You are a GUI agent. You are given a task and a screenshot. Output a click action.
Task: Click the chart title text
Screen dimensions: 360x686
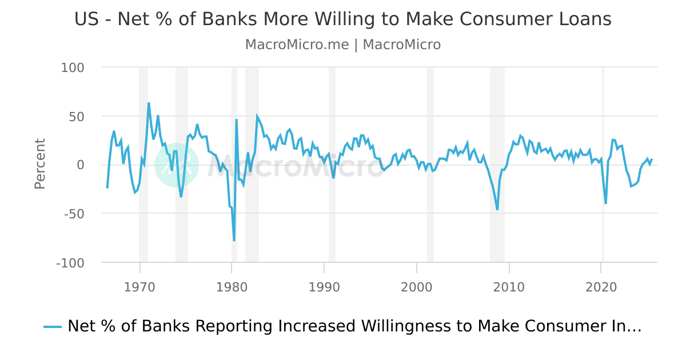(x=343, y=19)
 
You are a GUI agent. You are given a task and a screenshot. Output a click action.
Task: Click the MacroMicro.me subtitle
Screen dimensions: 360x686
(x=343, y=45)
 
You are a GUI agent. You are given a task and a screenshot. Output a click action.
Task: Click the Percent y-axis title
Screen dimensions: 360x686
(x=39, y=163)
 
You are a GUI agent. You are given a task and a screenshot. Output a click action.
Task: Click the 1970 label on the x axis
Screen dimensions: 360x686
(x=139, y=286)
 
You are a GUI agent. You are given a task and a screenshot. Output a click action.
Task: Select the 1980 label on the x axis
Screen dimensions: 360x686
(x=232, y=286)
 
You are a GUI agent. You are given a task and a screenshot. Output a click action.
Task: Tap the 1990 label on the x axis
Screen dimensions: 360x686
(x=324, y=286)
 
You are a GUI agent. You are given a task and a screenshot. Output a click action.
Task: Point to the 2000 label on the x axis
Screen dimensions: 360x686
(x=417, y=286)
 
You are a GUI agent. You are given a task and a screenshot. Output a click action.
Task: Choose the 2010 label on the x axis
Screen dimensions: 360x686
(x=509, y=286)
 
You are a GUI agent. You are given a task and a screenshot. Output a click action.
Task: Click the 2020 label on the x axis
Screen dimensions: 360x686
(x=601, y=286)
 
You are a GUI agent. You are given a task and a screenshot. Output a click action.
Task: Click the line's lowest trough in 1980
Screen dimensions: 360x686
(x=234, y=241)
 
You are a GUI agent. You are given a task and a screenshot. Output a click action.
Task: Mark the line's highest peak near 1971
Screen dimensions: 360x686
(x=149, y=103)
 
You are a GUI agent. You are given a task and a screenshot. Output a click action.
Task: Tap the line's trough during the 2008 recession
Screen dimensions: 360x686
(x=497, y=210)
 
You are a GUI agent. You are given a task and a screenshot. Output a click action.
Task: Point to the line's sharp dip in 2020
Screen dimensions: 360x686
(x=605, y=203)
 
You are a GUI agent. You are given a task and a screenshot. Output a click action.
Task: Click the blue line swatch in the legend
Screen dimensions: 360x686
(x=53, y=327)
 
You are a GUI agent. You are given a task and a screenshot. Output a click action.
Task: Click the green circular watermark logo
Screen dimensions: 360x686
(x=177, y=165)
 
